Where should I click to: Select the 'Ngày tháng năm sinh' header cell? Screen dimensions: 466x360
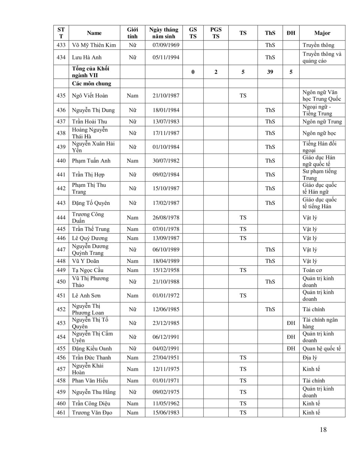click(164, 33)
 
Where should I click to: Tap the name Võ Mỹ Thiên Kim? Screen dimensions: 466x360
click(94, 45)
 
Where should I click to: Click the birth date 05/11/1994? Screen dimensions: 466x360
click(164, 57)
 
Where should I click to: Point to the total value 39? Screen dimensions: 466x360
click(270, 72)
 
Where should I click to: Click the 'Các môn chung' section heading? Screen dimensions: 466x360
click(91, 84)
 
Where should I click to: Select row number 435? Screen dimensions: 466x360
click(61, 96)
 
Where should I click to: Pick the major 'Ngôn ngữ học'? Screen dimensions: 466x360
click(319, 133)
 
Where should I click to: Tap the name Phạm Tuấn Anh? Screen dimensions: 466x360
click(91, 161)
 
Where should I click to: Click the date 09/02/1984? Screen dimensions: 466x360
click(164, 175)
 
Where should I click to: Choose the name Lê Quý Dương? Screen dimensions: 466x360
click(90, 238)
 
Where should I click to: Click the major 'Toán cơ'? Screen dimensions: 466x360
click(312, 270)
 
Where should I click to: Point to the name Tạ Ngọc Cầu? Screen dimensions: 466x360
click(87, 270)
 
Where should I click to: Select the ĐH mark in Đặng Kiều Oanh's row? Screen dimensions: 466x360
click(291, 349)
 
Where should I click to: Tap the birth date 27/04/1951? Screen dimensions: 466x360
click(164, 358)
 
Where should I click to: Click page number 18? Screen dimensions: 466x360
click(323, 430)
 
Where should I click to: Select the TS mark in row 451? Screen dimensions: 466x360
click(243, 296)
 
